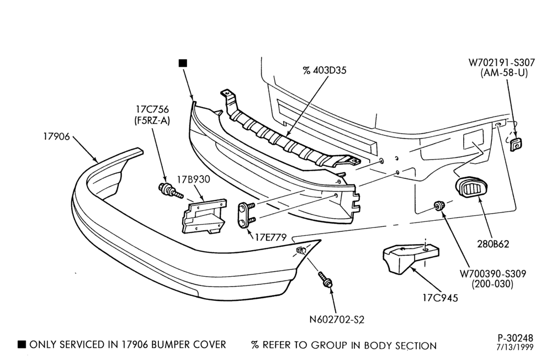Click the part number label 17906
tap(57, 136)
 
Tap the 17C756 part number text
tap(152, 109)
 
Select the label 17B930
tap(193, 179)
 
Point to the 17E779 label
tap(270, 237)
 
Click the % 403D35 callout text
tap(324, 71)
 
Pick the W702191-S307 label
tap(501, 63)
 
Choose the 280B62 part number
tap(493, 243)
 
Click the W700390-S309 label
tap(492, 273)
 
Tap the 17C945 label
tap(440, 298)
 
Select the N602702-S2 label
tap(337, 320)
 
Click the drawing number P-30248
tap(516, 338)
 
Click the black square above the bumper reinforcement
tap(183, 63)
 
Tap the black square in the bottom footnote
tap(22, 344)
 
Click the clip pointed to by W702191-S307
tap(516, 145)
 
